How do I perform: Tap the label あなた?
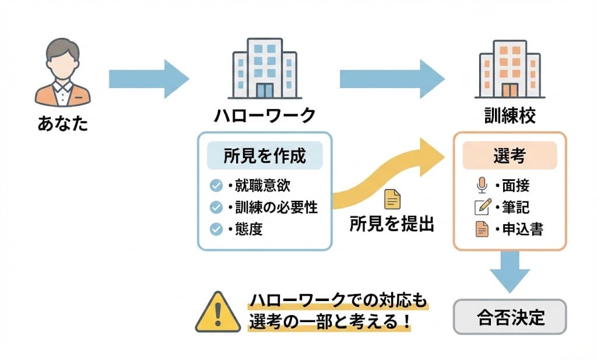click(x=62, y=124)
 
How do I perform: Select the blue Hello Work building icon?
click(x=264, y=68)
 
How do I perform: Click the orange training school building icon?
click(x=510, y=68)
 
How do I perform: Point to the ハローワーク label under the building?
click(x=264, y=116)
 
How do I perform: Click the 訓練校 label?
click(x=510, y=116)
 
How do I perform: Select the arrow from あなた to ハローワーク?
click(x=149, y=78)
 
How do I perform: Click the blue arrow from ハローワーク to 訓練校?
click(x=391, y=78)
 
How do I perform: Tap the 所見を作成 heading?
click(x=264, y=156)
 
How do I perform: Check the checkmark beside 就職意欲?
click(x=216, y=186)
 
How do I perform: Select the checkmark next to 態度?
click(x=216, y=229)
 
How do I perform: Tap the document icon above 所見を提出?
click(x=392, y=200)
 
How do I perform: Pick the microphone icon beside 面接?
click(x=482, y=186)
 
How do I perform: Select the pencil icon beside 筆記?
click(x=482, y=207)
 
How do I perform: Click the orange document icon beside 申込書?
click(x=482, y=229)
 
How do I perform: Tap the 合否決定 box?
click(x=509, y=317)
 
